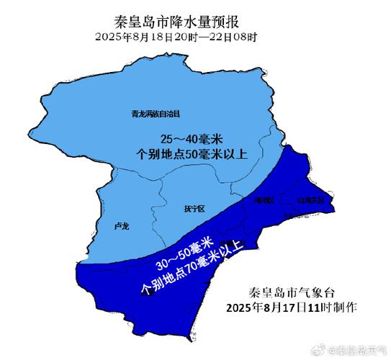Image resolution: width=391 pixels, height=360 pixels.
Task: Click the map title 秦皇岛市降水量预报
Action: tap(185, 22)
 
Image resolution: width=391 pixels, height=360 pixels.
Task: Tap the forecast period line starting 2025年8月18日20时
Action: tap(185, 37)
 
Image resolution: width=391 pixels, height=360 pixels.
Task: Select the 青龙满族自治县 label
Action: tap(155, 114)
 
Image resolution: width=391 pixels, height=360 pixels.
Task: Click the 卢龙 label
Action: tap(122, 226)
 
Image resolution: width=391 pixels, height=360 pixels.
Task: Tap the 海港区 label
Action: tap(264, 200)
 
